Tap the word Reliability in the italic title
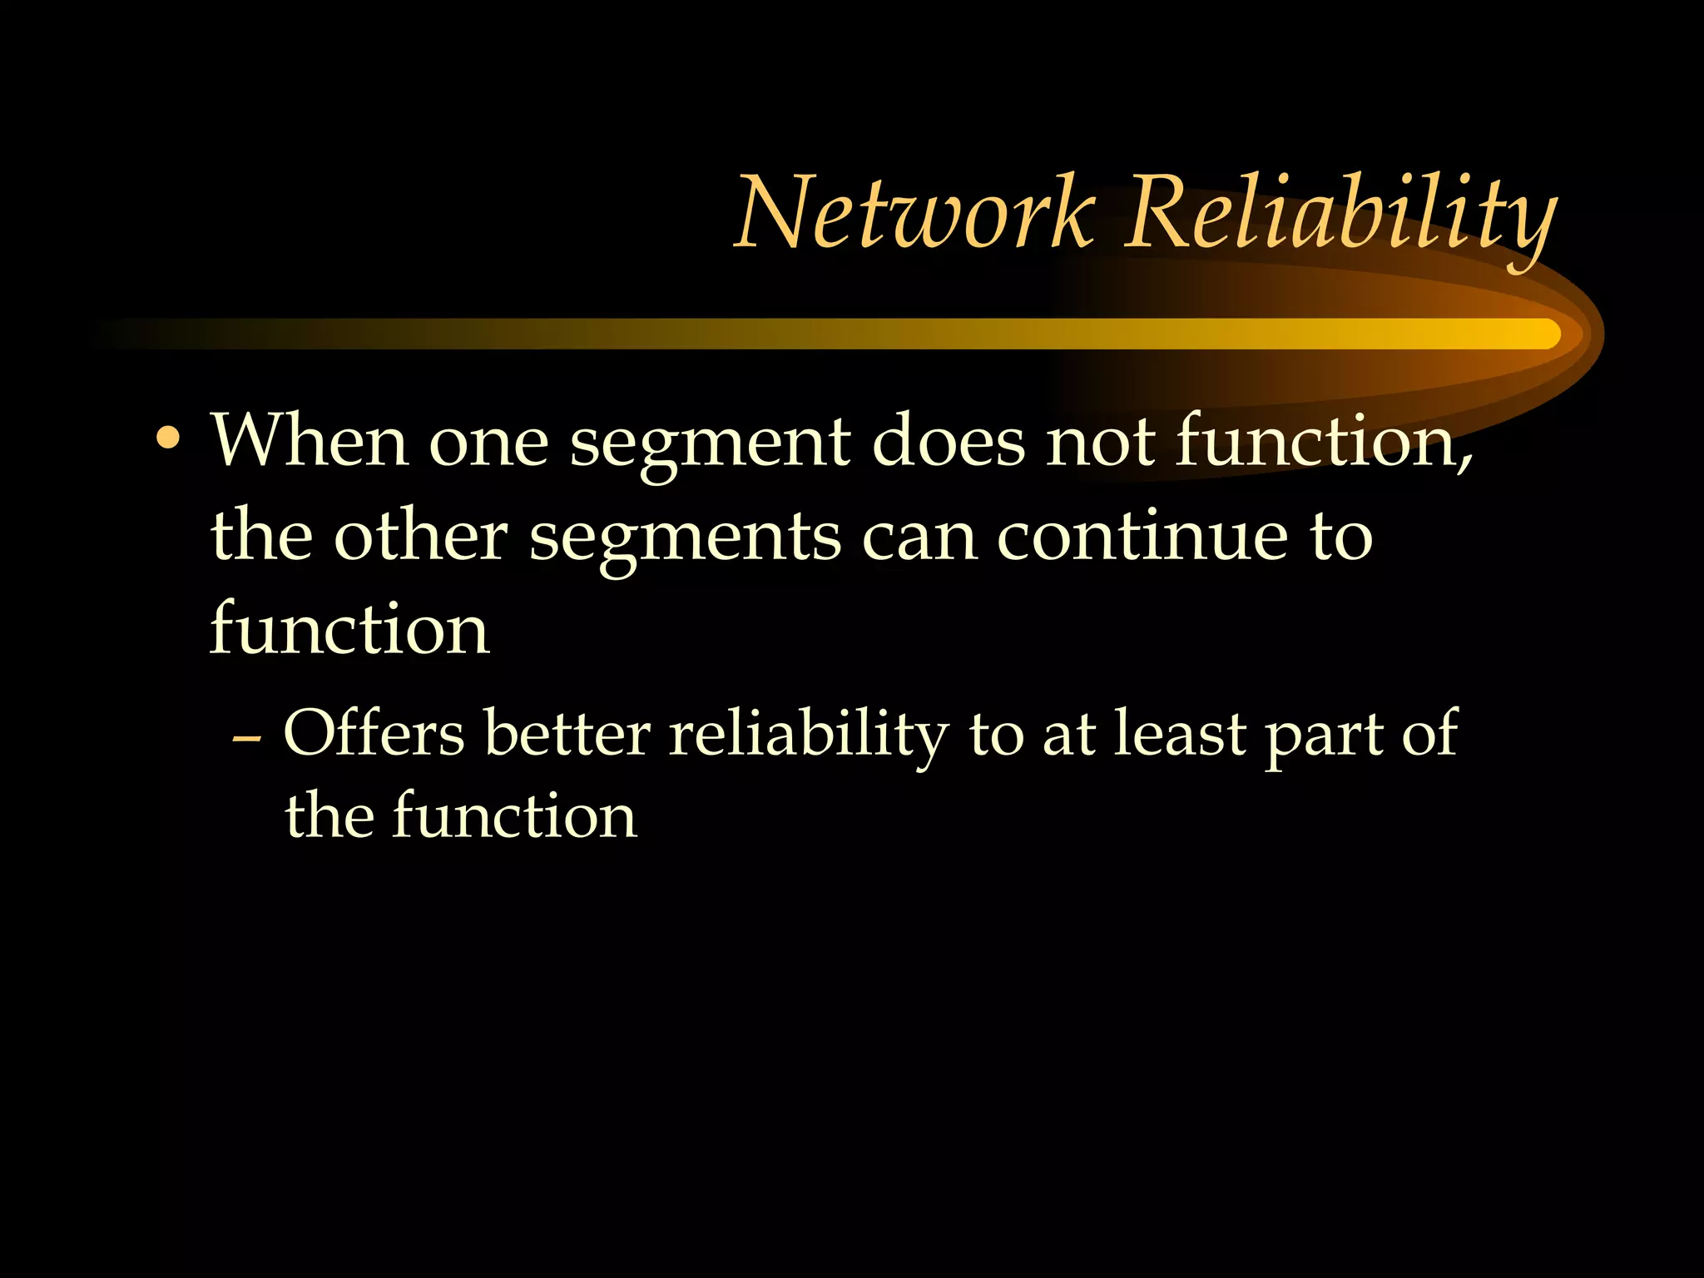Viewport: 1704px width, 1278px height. click(1339, 215)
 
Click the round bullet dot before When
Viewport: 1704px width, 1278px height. click(169, 438)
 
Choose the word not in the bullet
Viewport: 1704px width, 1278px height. click(1100, 441)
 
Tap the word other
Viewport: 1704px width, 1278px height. click(420, 534)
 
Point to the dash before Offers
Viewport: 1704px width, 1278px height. click(247, 737)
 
